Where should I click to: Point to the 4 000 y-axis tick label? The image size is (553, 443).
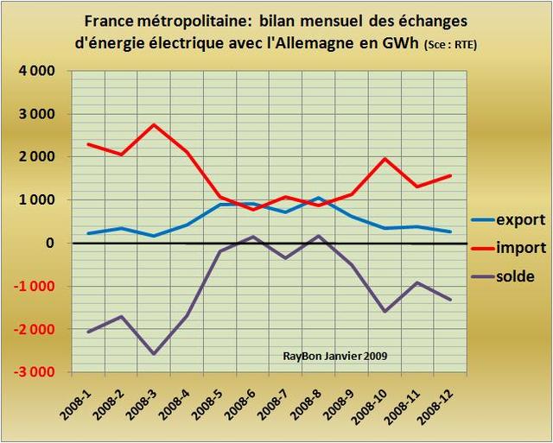pos(37,71)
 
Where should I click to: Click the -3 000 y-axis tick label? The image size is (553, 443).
pos(35,372)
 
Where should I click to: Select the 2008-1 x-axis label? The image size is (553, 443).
pos(79,402)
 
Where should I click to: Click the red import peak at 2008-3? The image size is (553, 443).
pos(155,124)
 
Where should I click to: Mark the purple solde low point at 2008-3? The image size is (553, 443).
pos(155,354)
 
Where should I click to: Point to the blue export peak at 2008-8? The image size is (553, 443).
pos(319,198)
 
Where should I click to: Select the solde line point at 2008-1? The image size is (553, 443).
pos(89,332)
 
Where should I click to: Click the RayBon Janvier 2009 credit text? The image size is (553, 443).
pos(334,355)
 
